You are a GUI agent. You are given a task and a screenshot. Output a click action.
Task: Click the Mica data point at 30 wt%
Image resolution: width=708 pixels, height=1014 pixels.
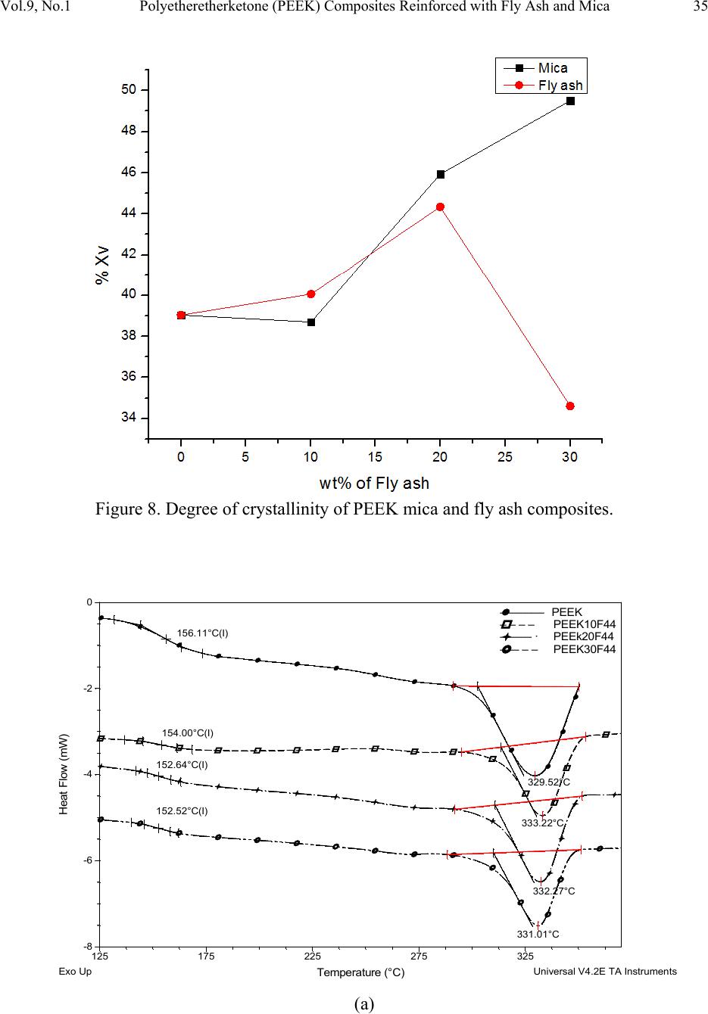coord(570,101)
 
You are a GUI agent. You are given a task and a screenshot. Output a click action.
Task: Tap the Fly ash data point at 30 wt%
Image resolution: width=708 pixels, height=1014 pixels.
coord(570,406)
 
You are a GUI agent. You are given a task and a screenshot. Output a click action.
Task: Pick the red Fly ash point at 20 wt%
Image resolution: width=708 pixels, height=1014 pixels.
coord(440,207)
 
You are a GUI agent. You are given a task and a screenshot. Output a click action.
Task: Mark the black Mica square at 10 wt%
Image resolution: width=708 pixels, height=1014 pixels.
coord(311,322)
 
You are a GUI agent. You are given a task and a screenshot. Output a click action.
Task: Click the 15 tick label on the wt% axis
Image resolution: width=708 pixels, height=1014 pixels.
coord(375,457)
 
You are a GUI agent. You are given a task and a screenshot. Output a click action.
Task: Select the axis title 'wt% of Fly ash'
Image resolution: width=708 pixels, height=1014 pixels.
coord(374,483)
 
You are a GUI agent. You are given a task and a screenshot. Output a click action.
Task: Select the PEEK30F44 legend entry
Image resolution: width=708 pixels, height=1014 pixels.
coord(584,649)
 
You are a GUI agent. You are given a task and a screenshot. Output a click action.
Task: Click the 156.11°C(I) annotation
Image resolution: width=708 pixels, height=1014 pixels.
coord(202,633)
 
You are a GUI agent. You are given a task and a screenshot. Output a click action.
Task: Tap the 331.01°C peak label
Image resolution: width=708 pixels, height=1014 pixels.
coord(538,935)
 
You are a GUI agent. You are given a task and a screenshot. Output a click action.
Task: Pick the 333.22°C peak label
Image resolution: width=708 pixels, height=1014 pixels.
coord(544,823)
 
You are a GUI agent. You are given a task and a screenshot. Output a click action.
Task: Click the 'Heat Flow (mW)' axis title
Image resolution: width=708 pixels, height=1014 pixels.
coord(64,774)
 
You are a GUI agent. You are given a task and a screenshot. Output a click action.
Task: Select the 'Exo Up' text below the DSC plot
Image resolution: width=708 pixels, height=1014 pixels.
coord(75,972)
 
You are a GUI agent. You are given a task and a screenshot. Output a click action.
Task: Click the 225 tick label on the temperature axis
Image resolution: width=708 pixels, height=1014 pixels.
coord(312,957)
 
